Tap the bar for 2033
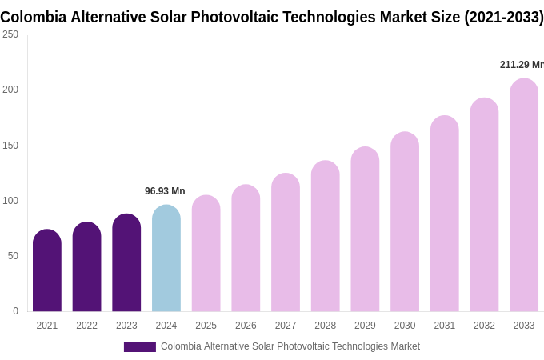tap(524, 195)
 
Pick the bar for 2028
tap(325, 236)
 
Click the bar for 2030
tap(405, 222)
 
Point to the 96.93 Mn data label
tap(165, 191)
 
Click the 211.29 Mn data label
tap(521, 65)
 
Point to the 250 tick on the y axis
tap(10, 34)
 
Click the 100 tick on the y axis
tap(10, 201)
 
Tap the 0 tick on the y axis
tap(15, 311)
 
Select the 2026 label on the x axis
tap(246, 326)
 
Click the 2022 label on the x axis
tap(86, 326)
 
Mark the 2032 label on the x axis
tap(484, 326)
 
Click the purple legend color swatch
tap(140, 347)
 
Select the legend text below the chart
tap(290, 346)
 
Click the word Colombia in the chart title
tap(33, 17)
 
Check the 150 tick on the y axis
tap(10, 146)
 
